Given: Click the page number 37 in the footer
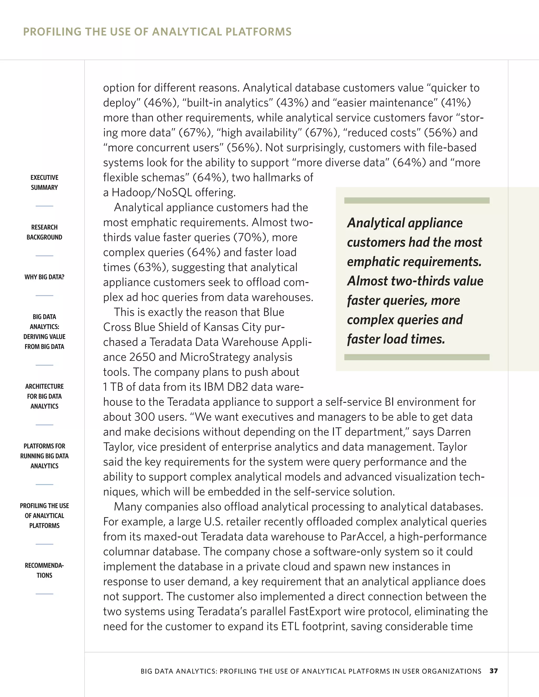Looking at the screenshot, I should tap(493, 671).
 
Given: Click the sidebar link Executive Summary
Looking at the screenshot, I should tap(44, 182).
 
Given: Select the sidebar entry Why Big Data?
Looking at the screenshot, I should tap(44, 277).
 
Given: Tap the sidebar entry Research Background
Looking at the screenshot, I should tap(44, 232).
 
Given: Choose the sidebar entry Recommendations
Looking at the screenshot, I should tap(44, 570).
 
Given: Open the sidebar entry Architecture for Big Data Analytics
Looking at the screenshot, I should tap(44, 396).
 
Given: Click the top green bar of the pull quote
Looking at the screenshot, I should tap(417, 200).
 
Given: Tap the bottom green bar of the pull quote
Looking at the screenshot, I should tap(417, 357).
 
